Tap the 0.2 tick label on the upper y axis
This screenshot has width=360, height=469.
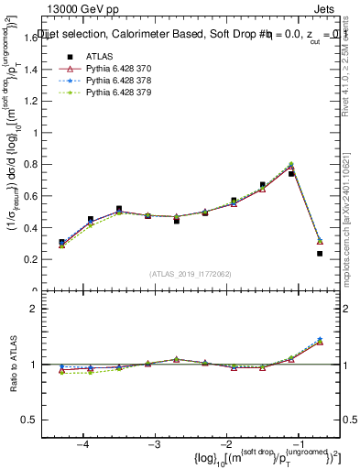pos(34,260)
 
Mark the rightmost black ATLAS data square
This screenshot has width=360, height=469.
pos(320,254)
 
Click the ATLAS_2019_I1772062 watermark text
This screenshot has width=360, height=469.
pos(191,274)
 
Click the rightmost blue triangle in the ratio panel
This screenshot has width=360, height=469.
pos(320,339)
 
